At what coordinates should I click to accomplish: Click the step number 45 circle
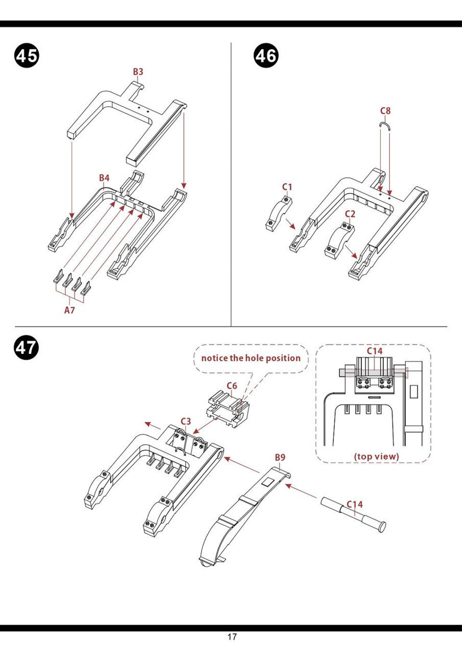coord(26,56)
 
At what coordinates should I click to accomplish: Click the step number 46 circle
coord(266,56)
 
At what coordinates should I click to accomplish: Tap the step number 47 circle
coord(26,347)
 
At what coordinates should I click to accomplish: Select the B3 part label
coord(138,72)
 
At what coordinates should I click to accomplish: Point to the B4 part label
coord(104,178)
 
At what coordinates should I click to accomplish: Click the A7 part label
coord(70,310)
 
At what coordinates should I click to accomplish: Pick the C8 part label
coord(385,111)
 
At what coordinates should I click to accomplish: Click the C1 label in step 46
coord(287,187)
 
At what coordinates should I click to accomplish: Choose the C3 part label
coord(186,421)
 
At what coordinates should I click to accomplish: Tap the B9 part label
coord(280,457)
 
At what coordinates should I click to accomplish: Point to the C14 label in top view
coord(374,351)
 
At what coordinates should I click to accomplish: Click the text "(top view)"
coord(376,456)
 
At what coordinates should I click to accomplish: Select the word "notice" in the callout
coord(214,358)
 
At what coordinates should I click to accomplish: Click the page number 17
coord(232,637)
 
